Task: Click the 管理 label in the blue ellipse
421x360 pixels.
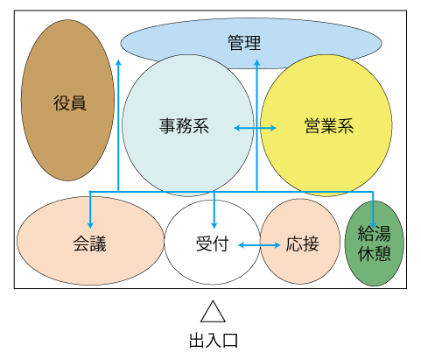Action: point(244,43)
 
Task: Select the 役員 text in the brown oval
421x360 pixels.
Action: point(70,102)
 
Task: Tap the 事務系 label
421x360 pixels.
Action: point(184,126)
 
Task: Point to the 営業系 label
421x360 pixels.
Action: point(329,126)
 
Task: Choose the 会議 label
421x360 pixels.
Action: point(89,244)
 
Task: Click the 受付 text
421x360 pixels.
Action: point(212,244)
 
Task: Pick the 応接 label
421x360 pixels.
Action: point(302,244)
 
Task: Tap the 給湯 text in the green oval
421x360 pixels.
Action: point(374,233)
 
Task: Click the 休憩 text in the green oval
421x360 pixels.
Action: point(374,253)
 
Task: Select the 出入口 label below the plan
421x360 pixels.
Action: point(214,341)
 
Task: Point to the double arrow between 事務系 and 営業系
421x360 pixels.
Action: point(255,128)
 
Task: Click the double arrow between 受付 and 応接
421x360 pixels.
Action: point(259,245)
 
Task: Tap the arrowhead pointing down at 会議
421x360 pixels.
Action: point(90,225)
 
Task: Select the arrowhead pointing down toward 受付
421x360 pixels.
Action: point(214,225)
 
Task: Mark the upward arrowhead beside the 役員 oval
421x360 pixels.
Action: point(118,63)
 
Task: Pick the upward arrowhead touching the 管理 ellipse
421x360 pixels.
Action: point(256,63)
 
